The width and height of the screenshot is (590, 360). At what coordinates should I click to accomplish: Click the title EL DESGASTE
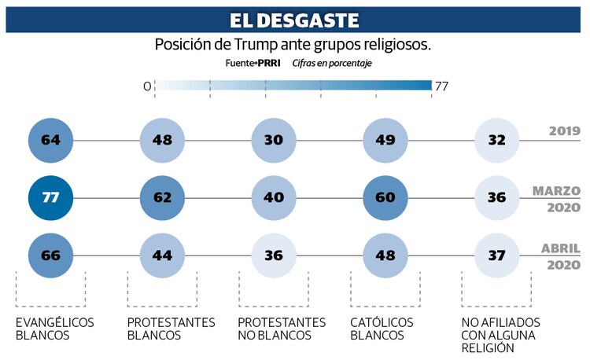tap(294, 20)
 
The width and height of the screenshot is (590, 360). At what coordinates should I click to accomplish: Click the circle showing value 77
tap(50, 197)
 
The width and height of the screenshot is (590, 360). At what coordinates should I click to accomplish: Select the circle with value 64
tap(50, 141)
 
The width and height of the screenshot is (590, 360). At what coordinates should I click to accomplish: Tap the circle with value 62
tap(162, 197)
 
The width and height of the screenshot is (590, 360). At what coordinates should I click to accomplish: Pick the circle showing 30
tap(274, 141)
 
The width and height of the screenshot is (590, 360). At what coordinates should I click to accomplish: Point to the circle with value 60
tap(385, 197)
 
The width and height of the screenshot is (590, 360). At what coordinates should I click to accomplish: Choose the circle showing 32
tap(497, 141)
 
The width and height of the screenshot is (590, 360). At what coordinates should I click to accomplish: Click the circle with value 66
tap(50, 255)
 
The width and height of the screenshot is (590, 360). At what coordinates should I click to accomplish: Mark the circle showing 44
tap(162, 255)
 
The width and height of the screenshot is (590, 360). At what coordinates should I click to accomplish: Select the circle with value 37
tap(497, 255)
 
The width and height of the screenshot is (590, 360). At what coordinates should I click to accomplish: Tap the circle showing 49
tap(385, 141)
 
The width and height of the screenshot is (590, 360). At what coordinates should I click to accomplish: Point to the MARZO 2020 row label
tap(556, 199)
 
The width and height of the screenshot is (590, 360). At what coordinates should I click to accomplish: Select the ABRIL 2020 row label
tap(560, 256)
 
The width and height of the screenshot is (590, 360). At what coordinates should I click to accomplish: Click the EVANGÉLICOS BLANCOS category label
tap(54, 329)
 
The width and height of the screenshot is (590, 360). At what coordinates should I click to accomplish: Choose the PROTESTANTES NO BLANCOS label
tap(281, 329)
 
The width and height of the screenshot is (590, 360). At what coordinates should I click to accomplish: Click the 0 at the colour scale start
tap(147, 86)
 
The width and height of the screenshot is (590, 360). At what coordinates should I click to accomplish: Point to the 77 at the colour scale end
tap(441, 86)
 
